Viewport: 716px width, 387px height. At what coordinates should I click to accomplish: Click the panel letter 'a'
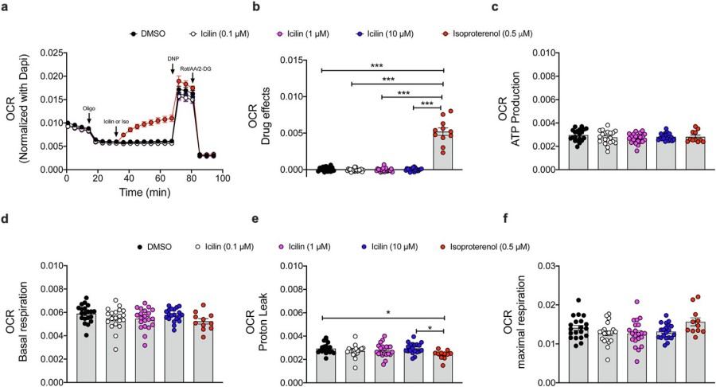[x=6, y=7]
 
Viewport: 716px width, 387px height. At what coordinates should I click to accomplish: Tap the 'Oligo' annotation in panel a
[x=89, y=108]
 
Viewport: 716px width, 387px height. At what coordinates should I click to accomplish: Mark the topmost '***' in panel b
[x=382, y=64]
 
